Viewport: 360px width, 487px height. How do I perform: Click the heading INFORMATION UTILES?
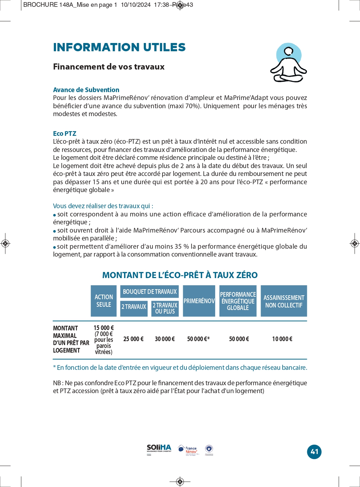pos(119,47)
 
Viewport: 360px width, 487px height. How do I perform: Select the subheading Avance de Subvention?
pos(86,90)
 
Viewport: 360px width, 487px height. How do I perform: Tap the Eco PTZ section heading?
pos(65,134)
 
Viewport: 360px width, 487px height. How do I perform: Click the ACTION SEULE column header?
pos(104,301)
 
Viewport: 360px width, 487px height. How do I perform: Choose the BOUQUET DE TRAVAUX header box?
pos(150,292)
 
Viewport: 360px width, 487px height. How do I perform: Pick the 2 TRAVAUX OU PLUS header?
pos(165,308)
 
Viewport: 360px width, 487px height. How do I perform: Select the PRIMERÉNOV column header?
pos(199,301)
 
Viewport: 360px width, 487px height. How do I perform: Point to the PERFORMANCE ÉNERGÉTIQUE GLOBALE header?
pos(238,301)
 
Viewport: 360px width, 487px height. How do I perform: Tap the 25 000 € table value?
pos(133,339)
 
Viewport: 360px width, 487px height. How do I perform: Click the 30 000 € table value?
pos(165,339)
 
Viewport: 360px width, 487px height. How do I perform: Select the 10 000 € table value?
pos(282,339)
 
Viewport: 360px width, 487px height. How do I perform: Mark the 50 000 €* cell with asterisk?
pos(198,339)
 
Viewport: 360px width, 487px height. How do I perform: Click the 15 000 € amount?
pos(104,328)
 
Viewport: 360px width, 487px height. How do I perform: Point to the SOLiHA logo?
pos(159,449)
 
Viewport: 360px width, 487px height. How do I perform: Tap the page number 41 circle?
pos(314,452)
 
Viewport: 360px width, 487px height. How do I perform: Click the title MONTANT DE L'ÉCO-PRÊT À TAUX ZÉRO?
pos(180,275)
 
